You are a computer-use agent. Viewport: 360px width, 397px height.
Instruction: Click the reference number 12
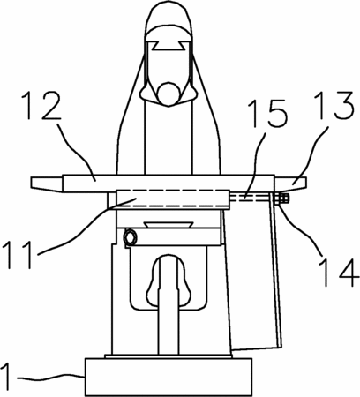[42, 106]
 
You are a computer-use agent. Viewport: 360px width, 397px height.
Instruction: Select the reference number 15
[267, 113]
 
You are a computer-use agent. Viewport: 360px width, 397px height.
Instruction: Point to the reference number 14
[339, 272]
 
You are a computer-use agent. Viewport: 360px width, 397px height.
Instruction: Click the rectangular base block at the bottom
[169, 377]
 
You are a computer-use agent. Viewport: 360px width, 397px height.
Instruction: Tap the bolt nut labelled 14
[281, 199]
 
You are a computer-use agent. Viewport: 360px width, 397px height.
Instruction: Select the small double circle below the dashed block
[131, 237]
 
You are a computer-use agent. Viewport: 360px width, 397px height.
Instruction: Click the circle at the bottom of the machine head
[168, 93]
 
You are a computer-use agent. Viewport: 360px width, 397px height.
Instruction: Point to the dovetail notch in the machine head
[168, 46]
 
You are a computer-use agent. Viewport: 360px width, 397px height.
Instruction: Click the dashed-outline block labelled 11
[173, 198]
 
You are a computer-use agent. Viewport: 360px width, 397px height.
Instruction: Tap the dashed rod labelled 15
[250, 198]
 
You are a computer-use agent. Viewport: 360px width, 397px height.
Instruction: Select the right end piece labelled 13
[291, 183]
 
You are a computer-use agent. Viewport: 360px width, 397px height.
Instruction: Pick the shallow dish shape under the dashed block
[169, 225]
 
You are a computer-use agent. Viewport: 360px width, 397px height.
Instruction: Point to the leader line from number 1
[50, 376]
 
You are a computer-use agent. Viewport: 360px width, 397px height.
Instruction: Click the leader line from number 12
[76, 151]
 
